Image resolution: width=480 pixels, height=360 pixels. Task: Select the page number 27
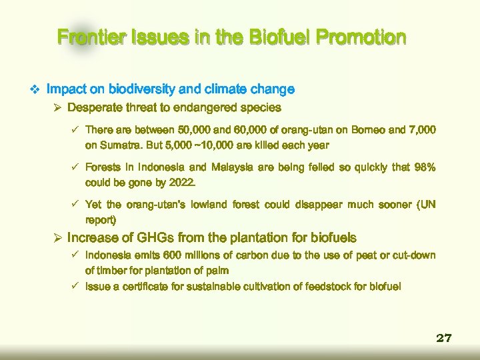click(x=444, y=338)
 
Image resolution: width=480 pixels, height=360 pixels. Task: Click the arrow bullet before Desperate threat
click(x=57, y=107)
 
